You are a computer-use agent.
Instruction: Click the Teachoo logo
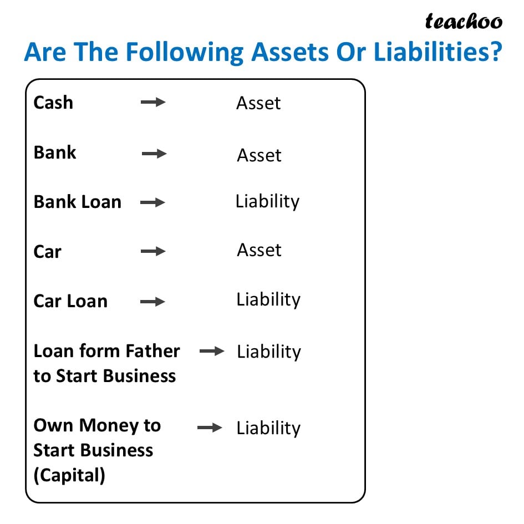coord(464,21)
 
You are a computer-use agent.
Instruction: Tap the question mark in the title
coord(496,53)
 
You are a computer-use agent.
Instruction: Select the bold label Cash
coord(53,103)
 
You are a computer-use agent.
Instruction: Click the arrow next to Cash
coord(153,103)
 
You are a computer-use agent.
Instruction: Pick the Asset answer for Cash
coord(258,103)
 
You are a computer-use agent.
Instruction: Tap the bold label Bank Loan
coord(77,202)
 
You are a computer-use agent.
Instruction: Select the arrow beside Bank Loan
coord(153,203)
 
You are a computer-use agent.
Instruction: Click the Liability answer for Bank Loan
coord(267,202)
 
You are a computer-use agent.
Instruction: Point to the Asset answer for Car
coord(259,250)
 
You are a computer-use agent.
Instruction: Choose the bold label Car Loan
coord(70,302)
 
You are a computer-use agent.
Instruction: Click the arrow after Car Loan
coord(153,302)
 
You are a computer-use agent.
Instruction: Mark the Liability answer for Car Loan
coord(268,300)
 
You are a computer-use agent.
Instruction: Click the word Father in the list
coord(152,351)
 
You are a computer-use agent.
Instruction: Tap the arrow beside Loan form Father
coord(212,352)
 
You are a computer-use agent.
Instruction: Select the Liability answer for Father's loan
coord(269,352)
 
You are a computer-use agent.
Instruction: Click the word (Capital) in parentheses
coord(69,475)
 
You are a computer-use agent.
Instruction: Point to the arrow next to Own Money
coord(210,428)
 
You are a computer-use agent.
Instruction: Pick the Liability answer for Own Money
coord(268,429)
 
